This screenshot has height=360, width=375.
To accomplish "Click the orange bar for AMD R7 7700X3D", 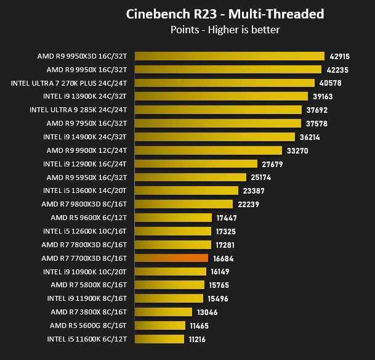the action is [x=171, y=258].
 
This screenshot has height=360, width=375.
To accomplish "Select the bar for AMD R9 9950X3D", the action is [x=230, y=56].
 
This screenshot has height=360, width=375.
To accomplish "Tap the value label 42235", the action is [x=337, y=70].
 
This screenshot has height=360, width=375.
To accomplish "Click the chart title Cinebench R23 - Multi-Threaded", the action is [x=225, y=14].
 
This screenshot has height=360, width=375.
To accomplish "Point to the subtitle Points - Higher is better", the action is [x=225, y=30].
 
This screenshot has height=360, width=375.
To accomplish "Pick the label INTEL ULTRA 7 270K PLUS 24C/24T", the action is [x=69, y=83].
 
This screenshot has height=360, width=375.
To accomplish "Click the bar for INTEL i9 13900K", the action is [x=221, y=96].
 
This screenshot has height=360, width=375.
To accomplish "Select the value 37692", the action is [x=317, y=110].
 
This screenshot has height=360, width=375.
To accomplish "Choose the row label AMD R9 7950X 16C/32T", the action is [x=87, y=123].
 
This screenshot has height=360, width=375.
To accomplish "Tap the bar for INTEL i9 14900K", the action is [x=215, y=137].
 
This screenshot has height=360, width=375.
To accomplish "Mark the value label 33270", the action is [x=297, y=151].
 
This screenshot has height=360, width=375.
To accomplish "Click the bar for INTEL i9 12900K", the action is [x=196, y=164].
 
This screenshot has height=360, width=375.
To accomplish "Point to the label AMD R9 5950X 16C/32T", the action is [x=87, y=178].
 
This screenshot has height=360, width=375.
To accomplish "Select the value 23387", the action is [x=254, y=191].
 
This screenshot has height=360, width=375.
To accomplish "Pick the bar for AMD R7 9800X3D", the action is [x=183, y=204].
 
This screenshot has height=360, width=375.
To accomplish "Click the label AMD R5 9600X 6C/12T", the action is [x=89, y=218].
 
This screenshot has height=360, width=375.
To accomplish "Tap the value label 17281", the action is [x=225, y=245].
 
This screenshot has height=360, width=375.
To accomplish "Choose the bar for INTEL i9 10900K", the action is [x=171, y=271].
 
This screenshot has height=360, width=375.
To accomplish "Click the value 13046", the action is [x=208, y=313].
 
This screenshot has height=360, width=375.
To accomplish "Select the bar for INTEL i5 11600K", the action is [x=159, y=339].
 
